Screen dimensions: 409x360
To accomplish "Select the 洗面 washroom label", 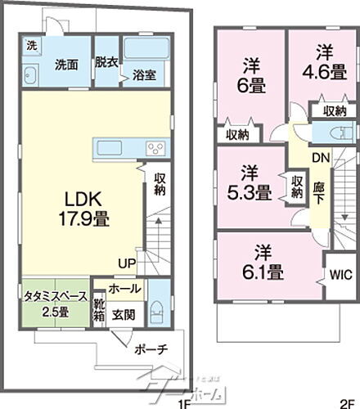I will click(66, 64).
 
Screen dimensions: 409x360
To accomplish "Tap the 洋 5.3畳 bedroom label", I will click(250, 183).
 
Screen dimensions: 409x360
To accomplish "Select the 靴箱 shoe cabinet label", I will click(99, 311).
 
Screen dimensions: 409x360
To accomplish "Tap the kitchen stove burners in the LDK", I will click(155, 147).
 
